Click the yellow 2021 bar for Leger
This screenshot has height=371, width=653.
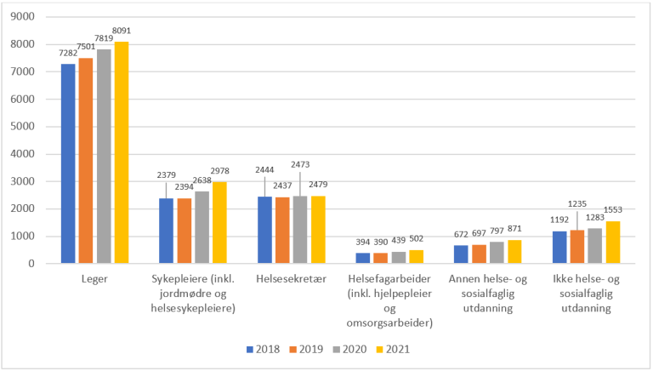122,152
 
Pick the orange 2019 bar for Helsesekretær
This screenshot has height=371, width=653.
281,230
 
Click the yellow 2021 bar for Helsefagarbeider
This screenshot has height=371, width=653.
417,256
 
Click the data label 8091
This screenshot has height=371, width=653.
122,31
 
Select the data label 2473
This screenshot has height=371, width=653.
300,163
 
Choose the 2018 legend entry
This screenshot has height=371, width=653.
262,349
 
